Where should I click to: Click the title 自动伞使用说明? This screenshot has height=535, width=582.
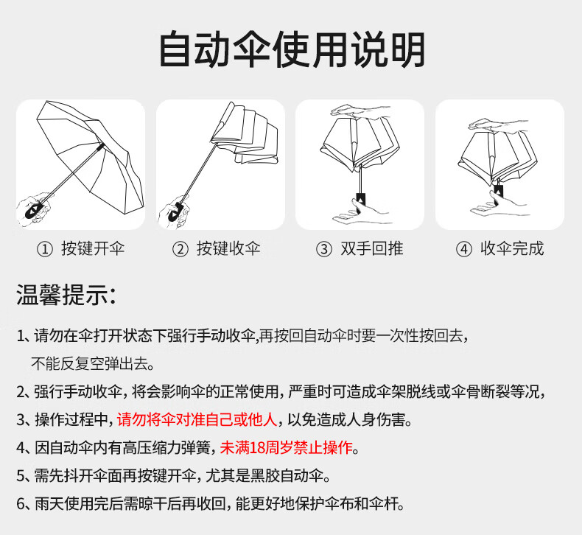pyautogui.click(x=292, y=50)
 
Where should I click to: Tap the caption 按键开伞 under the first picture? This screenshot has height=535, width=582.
pyautogui.click(x=93, y=248)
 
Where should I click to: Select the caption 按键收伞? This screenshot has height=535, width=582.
pyautogui.click(x=228, y=248)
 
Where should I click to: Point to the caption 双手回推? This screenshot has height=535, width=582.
pyautogui.click(x=372, y=248)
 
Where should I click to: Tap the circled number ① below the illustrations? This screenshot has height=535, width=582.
pyautogui.click(x=45, y=249)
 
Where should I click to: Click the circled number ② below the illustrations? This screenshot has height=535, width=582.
pyautogui.click(x=180, y=249)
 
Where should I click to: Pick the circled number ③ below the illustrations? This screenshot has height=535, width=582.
pyautogui.click(x=323, y=249)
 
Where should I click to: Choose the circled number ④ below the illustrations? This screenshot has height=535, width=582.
pyautogui.click(x=463, y=249)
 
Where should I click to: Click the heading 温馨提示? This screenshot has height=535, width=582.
pyautogui.click(x=66, y=296)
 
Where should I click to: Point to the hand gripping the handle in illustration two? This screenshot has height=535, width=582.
pyautogui.click(x=174, y=209)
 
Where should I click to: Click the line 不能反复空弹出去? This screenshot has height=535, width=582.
pyautogui.click(x=93, y=363)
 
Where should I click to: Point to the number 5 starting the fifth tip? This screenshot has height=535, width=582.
pyautogui.click(x=21, y=476)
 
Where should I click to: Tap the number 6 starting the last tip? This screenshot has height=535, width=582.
pyautogui.click(x=21, y=504)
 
